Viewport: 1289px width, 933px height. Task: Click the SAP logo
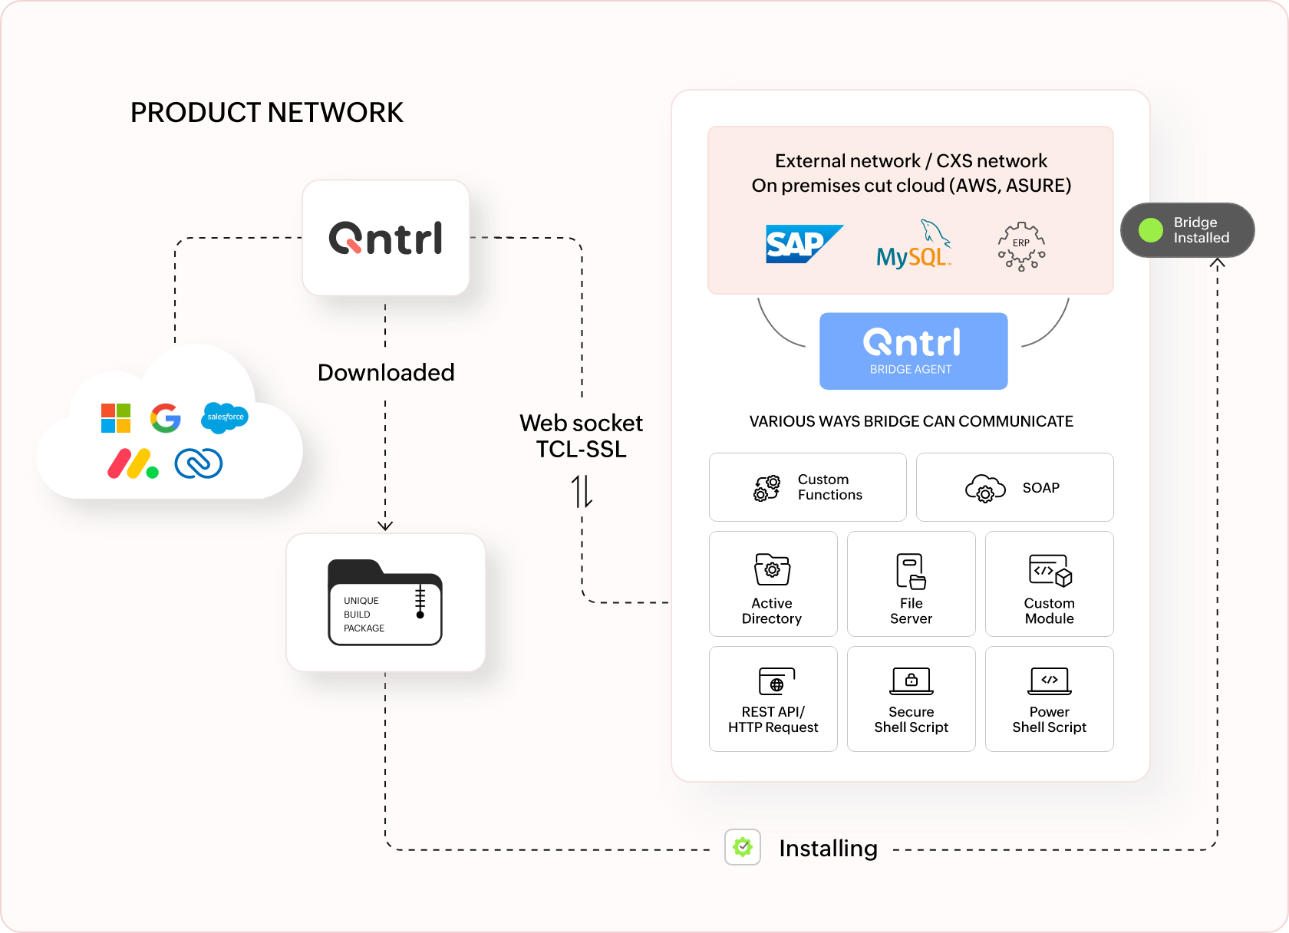pyautogui.click(x=803, y=244)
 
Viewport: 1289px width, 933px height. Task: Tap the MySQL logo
pyautogui.click(x=913, y=246)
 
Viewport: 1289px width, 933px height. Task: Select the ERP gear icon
pyautogui.click(x=1021, y=246)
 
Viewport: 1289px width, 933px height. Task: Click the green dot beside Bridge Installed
pyautogui.click(x=1150, y=230)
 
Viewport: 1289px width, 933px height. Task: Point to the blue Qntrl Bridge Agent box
pyautogui.click(x=913, y=351)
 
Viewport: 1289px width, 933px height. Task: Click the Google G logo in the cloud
pyautogui.click(x=166, y=418)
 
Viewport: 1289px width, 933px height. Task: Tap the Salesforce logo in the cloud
pyautogui.click(x=225, y=417)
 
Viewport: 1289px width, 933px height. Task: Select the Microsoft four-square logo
pyautogui.click(x=116, y=418)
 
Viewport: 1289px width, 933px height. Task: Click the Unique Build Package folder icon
pyautogui.click(x=385, y=602)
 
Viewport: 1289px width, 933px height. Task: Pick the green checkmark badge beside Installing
pyautogui.click(x=743, y=847)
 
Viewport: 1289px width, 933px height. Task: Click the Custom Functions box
pyautogui.click(x=807, y=487)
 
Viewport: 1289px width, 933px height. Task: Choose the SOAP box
pyautogui.click(x=1014, y=487)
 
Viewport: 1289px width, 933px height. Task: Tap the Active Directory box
pyautogui.click(x=773, y=584)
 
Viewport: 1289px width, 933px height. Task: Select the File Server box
pyautogui.click(x=911, y=584)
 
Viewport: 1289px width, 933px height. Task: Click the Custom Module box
pyautogui.click(x=1049, y=584)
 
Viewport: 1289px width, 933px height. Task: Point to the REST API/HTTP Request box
pyautogui.click(x=773, y=699)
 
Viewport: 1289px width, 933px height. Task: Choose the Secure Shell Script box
pyautogui.click(x=911, y=699)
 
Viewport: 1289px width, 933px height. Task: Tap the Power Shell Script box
pyautogui.click(x=1049, y=699)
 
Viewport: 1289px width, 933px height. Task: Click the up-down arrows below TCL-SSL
pyautogui.click(x=582, y=491)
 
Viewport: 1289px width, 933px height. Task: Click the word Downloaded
pyautogui.click(x=386, y=373)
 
